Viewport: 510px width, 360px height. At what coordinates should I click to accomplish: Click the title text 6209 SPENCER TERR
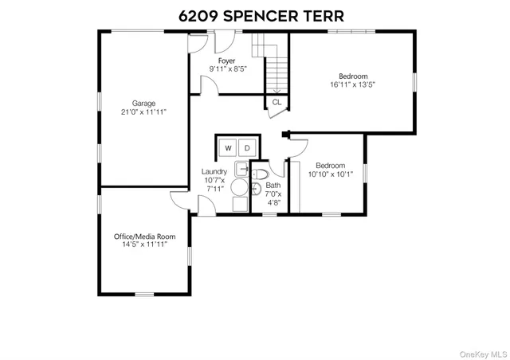coord(256,15)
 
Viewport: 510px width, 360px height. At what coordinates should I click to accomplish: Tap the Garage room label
coord(143,103)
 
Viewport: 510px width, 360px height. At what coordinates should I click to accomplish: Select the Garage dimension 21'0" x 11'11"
coord(143,112)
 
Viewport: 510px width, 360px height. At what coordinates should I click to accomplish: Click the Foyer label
coord(228,60)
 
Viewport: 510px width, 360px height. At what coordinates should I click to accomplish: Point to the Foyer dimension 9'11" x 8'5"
coord(228,69)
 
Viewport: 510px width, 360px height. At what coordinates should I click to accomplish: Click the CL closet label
coord(277,102)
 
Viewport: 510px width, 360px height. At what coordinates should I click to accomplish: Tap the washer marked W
coord(228,148)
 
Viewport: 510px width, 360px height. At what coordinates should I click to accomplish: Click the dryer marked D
coord(247,148)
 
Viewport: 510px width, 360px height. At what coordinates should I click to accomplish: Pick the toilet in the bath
coord(260,173)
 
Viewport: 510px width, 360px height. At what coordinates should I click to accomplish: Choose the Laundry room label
coord(214,171)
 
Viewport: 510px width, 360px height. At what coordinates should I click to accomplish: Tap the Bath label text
coord(273,185)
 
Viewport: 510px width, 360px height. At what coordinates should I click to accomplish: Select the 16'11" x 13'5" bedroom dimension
coord(352,85)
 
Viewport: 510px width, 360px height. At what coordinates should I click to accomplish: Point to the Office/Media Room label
coord(143,237)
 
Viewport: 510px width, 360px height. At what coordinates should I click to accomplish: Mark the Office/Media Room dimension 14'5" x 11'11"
coord(143,246)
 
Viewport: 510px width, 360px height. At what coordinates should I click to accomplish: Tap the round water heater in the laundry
coord(240,186)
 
